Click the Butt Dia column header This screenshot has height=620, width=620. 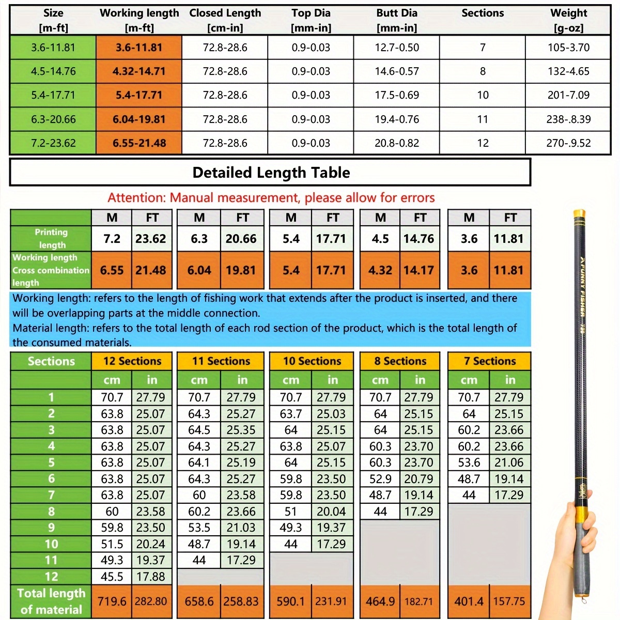[x=396, y=20]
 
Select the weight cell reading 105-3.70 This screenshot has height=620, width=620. [x=568, y=48]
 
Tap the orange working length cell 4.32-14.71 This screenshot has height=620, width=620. [x=139, y=71]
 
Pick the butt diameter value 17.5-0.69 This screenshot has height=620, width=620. [x=396, y=95]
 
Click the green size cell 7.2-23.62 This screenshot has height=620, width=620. [x=53, y=143]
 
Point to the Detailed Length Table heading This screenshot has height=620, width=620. [x=271, y=173]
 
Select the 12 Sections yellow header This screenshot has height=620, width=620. [x=132, y=361]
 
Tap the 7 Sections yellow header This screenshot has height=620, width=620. [x=489, y=361]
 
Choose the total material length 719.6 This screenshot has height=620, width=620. [x=112, y=601]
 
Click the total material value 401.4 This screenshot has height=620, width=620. [x=469, y=601]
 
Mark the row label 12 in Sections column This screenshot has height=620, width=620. [x=51, y=577]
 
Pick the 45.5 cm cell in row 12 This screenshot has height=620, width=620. [x=112, y=577]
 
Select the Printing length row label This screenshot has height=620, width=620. [x=51, y=239]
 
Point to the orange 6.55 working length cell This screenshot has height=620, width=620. [x=112, y=270]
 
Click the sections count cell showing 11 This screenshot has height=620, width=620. [x=482, y=119]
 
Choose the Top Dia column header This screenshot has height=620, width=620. [x=311, y=20]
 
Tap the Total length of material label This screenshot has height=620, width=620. [x=51, y=601]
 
